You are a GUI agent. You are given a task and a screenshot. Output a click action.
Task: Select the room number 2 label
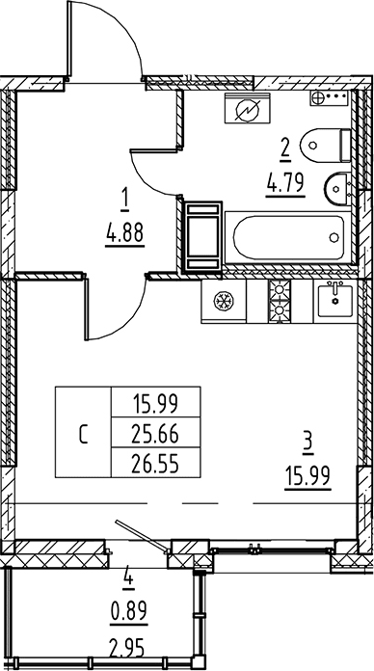(284, 148)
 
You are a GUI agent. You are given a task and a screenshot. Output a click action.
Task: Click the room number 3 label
(306, 444)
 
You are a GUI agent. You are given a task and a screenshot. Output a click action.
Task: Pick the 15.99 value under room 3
(306, 475)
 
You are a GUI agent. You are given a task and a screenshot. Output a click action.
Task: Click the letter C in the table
(83, 434)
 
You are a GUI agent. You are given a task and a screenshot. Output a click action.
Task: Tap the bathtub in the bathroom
(287, 235)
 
